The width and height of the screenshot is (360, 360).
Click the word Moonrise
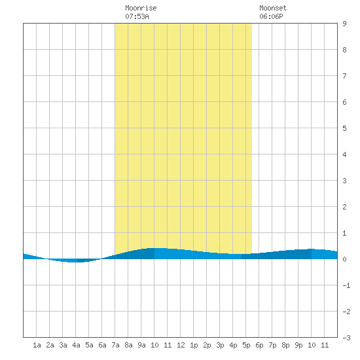point(141,8)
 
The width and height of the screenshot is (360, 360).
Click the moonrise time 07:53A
point(137,16)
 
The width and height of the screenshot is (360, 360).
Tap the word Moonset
point(273,8)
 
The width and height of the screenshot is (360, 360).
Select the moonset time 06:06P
point(271,16)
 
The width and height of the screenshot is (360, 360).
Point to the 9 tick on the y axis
point(344,24)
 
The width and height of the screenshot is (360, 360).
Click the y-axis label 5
point(344,128)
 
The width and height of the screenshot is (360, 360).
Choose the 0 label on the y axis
point(344,259)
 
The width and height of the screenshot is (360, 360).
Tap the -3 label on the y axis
point(346,338)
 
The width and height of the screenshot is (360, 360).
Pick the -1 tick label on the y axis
point(346,285)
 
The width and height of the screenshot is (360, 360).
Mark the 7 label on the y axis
point(344,76)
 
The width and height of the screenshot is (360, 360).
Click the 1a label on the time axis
point(37,345)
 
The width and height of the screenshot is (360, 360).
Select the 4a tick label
point(76,345)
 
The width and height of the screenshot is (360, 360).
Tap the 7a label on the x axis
point(115,345)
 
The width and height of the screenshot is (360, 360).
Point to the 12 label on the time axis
point(181,345)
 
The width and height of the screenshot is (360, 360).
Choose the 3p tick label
point(220,345)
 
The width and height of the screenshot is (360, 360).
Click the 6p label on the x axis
point(259,345)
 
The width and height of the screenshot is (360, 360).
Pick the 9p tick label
point(298,345)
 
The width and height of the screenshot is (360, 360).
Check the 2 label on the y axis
point(344,207)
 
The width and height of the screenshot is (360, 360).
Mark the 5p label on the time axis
point(246,345)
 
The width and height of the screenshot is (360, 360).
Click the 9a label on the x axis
point(141,345)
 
